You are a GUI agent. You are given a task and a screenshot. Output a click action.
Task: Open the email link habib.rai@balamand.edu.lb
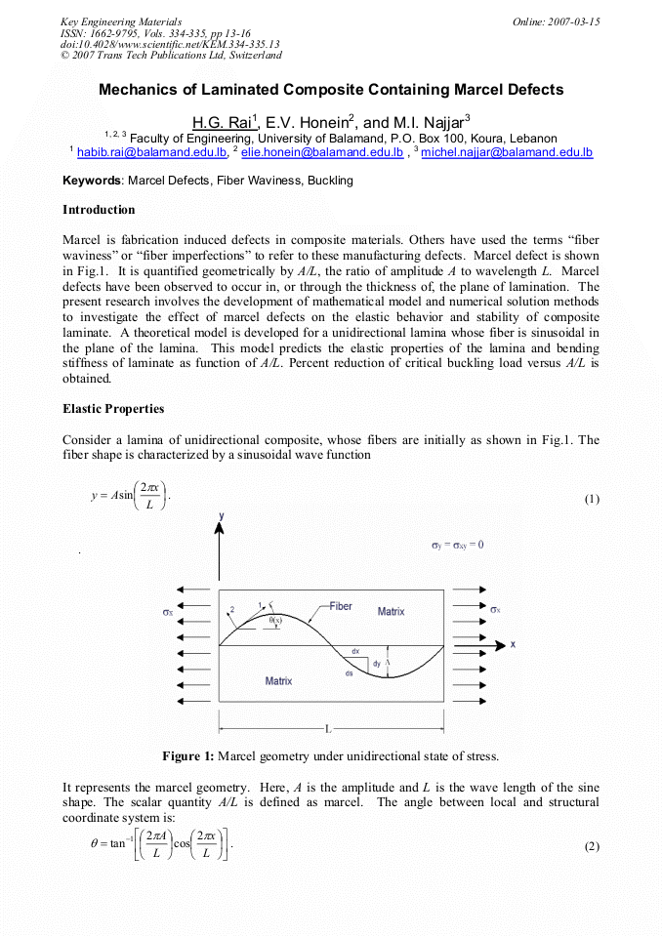pos(151,153)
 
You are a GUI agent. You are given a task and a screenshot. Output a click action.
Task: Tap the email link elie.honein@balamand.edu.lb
pos(322,153)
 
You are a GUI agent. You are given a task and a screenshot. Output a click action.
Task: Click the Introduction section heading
pos(99,210)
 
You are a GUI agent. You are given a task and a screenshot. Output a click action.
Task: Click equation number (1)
pos(592,500)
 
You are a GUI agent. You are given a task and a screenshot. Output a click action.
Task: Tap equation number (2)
pos(592,846)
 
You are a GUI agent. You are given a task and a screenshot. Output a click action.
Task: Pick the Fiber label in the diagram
pos(340,606)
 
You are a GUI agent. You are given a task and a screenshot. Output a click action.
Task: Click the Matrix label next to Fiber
pos(391,611)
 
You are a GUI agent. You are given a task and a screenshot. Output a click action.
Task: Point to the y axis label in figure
pos(221,514)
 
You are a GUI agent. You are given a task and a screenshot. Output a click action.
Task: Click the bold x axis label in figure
pos(513,644)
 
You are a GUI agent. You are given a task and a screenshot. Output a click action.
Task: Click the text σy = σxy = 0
pos(458,545)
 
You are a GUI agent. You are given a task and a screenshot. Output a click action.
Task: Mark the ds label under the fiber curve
pos(349,673)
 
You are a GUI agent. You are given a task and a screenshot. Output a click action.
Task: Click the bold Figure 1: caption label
pos(187,756)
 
